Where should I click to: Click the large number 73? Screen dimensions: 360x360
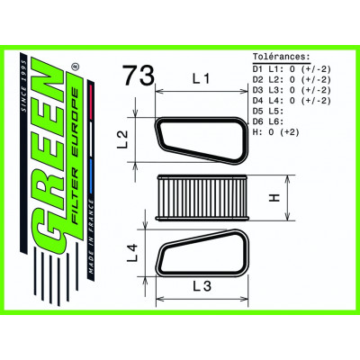click(139, 75)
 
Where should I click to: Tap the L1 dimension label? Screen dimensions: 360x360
click(202, 79)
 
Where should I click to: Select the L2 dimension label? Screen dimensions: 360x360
click(122, 139)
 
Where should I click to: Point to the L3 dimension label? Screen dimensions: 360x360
click(202, 286)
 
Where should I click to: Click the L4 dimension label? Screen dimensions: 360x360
click(132, 253)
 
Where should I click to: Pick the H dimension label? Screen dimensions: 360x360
click(274, 198)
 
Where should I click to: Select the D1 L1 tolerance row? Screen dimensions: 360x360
click(292, 69)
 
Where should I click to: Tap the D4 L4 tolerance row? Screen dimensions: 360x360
click(292, 101)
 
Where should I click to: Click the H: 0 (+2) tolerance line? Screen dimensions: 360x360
click(276, 132)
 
